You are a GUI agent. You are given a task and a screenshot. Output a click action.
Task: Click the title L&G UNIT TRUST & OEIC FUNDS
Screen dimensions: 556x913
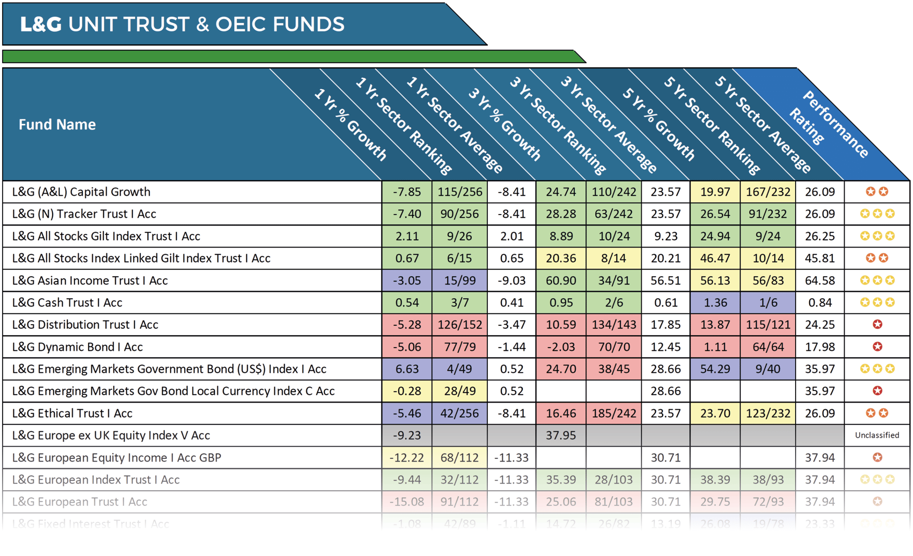(182, 25)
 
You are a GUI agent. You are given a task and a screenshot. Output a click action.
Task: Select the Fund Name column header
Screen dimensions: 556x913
(57, 125)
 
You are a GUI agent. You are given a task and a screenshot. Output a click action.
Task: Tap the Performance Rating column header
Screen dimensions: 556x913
(830, 125)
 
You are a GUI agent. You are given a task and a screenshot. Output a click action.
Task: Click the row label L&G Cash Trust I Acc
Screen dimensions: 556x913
(67, 303)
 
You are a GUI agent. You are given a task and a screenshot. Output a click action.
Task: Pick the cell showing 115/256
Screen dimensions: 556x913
(460, 192)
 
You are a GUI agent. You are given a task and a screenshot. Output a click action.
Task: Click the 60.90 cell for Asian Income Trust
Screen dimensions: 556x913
(561, 281)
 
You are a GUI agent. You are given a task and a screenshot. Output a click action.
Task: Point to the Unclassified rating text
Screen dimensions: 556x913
(877, 435)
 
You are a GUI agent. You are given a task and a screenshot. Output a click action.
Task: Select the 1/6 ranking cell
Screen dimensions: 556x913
(768, 303)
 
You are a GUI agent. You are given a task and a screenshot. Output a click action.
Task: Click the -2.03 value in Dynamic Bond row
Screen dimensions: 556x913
(561, 347)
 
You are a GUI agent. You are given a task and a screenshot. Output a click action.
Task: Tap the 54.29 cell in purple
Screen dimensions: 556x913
(715, 369)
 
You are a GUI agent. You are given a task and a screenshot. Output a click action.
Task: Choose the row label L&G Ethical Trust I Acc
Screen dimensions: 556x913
(72, 413)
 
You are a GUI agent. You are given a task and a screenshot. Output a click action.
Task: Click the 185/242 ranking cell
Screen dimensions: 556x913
(614, 413)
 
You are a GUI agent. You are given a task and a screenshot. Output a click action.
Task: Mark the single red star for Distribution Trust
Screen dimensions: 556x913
(878, 325)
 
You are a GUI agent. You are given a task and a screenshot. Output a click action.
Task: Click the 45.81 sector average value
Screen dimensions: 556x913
(820, 258)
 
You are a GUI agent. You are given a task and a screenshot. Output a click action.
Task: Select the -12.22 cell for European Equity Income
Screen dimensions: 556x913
(407, 458)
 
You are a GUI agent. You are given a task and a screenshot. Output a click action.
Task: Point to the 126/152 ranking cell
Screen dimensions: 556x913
(460, 325)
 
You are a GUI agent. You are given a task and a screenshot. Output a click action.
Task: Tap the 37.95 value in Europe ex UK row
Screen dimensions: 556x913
(561, 435)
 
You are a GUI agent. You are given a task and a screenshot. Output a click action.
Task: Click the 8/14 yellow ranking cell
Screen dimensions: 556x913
(614, 258)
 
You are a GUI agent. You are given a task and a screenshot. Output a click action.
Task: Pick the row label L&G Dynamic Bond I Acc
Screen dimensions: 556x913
(77, 347)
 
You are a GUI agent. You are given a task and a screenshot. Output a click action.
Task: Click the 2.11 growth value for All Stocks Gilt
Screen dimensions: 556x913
(407, 236)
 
